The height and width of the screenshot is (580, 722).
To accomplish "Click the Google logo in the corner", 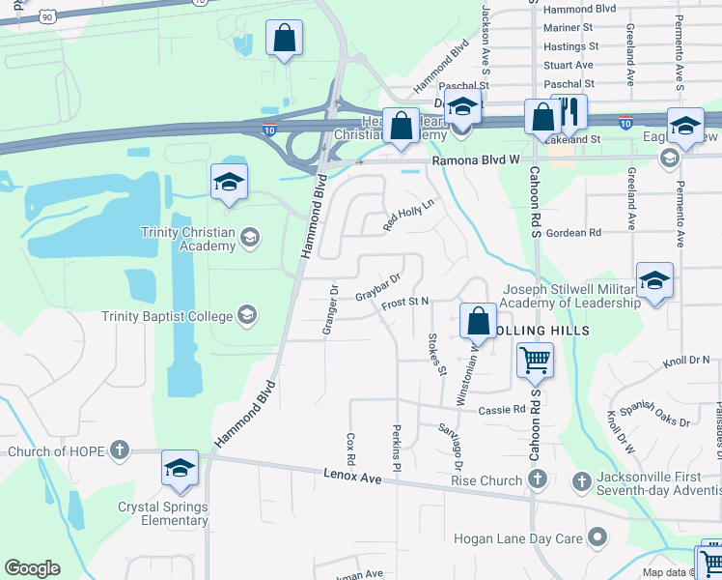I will click(32, 568).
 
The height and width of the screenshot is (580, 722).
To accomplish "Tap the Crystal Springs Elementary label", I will click(162, 513).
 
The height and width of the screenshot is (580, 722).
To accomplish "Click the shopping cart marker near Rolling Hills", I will click(535, 361).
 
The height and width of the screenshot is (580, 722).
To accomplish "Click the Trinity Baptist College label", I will click(168, 316).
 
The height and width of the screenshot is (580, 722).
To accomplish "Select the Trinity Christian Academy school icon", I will click(250, 237).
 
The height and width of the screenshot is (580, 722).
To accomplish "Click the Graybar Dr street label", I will click(377, 287).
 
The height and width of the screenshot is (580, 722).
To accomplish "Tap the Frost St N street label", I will click(404, 303).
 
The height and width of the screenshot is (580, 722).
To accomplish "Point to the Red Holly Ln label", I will click(408, 215).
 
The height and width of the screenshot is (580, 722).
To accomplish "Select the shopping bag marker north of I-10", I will click(285, 40).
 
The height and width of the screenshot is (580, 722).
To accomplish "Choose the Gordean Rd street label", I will click(573, 233).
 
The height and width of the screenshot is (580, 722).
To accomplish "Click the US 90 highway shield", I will click(47, 14).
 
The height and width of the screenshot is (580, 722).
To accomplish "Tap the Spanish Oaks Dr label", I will click(655, 414).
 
